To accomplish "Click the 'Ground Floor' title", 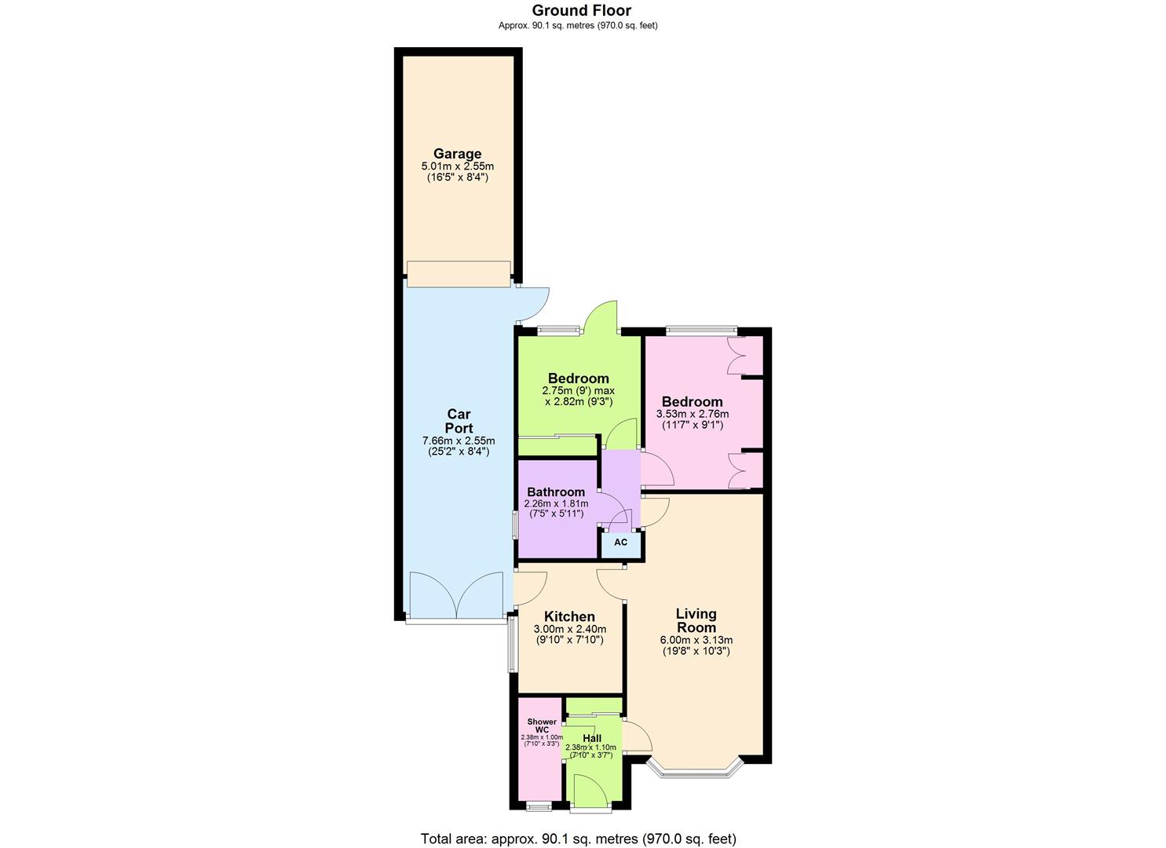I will tap(581, 10).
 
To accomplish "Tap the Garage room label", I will tap(457, 154).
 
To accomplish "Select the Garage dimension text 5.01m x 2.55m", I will tap(457, 166).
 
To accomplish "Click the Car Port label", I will tap(459, 421).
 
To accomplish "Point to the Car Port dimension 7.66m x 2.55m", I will tap(459, 440).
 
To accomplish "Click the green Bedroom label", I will tap(578, 378).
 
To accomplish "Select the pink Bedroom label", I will tap(692, 402).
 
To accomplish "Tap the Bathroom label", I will tap(555, 492).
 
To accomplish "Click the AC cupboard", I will tap(620, 543).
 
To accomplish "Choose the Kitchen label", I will tap(569, 617).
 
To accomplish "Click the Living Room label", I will tap(696, 620).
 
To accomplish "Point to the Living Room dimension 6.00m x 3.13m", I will tap(696, 640).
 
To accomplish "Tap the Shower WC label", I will tap(542, 726).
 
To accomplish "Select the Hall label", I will tap(592, 739).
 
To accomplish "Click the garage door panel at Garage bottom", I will tap(459, 274).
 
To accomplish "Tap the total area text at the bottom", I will tap(578, 839).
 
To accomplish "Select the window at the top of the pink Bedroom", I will tap(701, 331).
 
